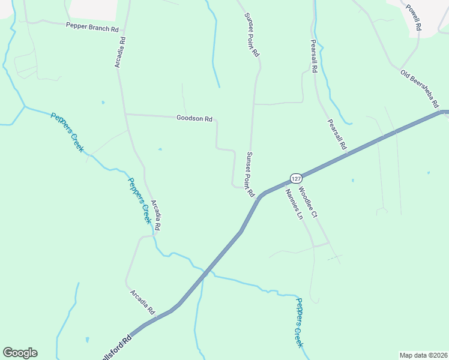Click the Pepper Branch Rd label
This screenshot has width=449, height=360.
[92, 27]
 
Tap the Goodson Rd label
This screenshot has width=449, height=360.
[194, 118]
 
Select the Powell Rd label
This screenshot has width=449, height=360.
[414, 18]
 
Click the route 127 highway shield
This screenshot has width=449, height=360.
[295, 178]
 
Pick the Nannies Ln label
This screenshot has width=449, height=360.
[294, 204]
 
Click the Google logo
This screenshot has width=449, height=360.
[20, 353]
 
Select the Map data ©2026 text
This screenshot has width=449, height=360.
[423, 355]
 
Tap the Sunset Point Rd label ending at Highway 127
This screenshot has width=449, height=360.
[250, 175]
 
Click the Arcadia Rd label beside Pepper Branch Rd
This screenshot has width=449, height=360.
[120, 53]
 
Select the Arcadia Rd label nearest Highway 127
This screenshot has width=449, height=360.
[143, 303]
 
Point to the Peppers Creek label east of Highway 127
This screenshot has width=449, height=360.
[299, 322]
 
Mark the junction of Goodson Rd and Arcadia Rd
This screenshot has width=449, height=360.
[124, 113]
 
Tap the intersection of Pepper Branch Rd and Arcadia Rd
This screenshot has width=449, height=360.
[122, 28]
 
